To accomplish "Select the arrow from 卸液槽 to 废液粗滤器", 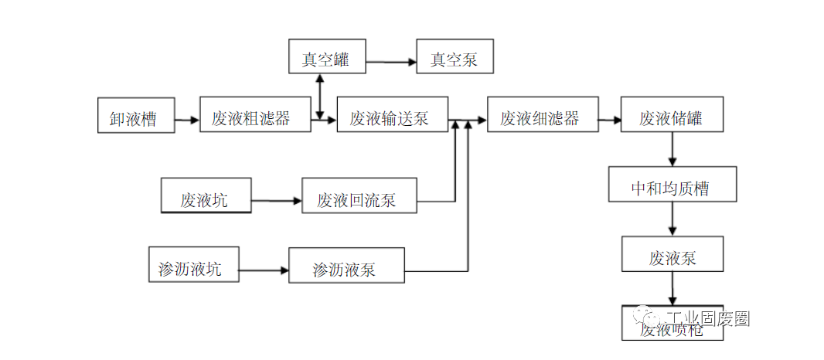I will (187, 120).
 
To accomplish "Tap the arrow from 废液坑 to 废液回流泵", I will (276, 202).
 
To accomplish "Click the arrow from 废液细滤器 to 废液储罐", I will (610, 120).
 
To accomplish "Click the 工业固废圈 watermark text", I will (707, 319).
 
